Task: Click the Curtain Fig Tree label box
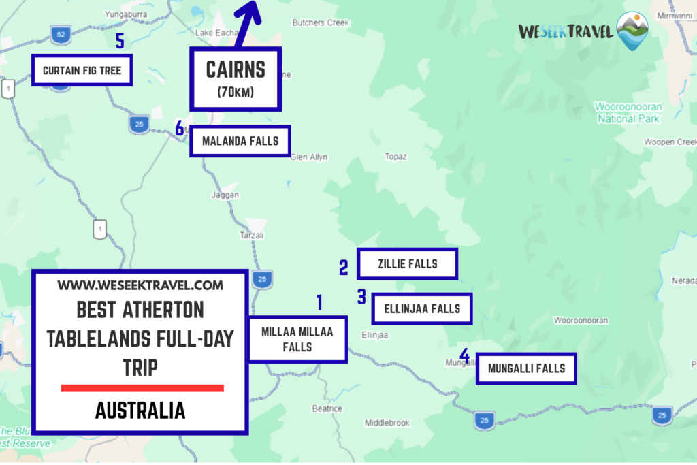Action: click(82, 70)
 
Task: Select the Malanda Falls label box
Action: click(240, 142)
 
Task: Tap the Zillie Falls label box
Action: click(407, 264)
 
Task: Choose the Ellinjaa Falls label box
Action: click(421, 308)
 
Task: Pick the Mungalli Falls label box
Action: click(526, 368)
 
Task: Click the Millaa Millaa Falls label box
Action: click(297, 339)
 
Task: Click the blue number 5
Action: click(120, 42)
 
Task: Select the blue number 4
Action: click(464, 355)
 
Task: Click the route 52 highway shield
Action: click(61, 34)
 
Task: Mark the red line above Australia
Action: click(142, 388)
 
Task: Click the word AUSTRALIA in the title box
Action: click(140, 411)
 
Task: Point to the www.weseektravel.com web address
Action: click(140, 285)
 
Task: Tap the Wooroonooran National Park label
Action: click(628, 112)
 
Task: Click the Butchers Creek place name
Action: click(320, 22)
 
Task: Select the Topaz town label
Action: click(395, 157)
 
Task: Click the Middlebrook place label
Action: click(387, 423)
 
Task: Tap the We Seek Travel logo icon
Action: click(632, 31)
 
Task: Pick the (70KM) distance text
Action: click(236, 93)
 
